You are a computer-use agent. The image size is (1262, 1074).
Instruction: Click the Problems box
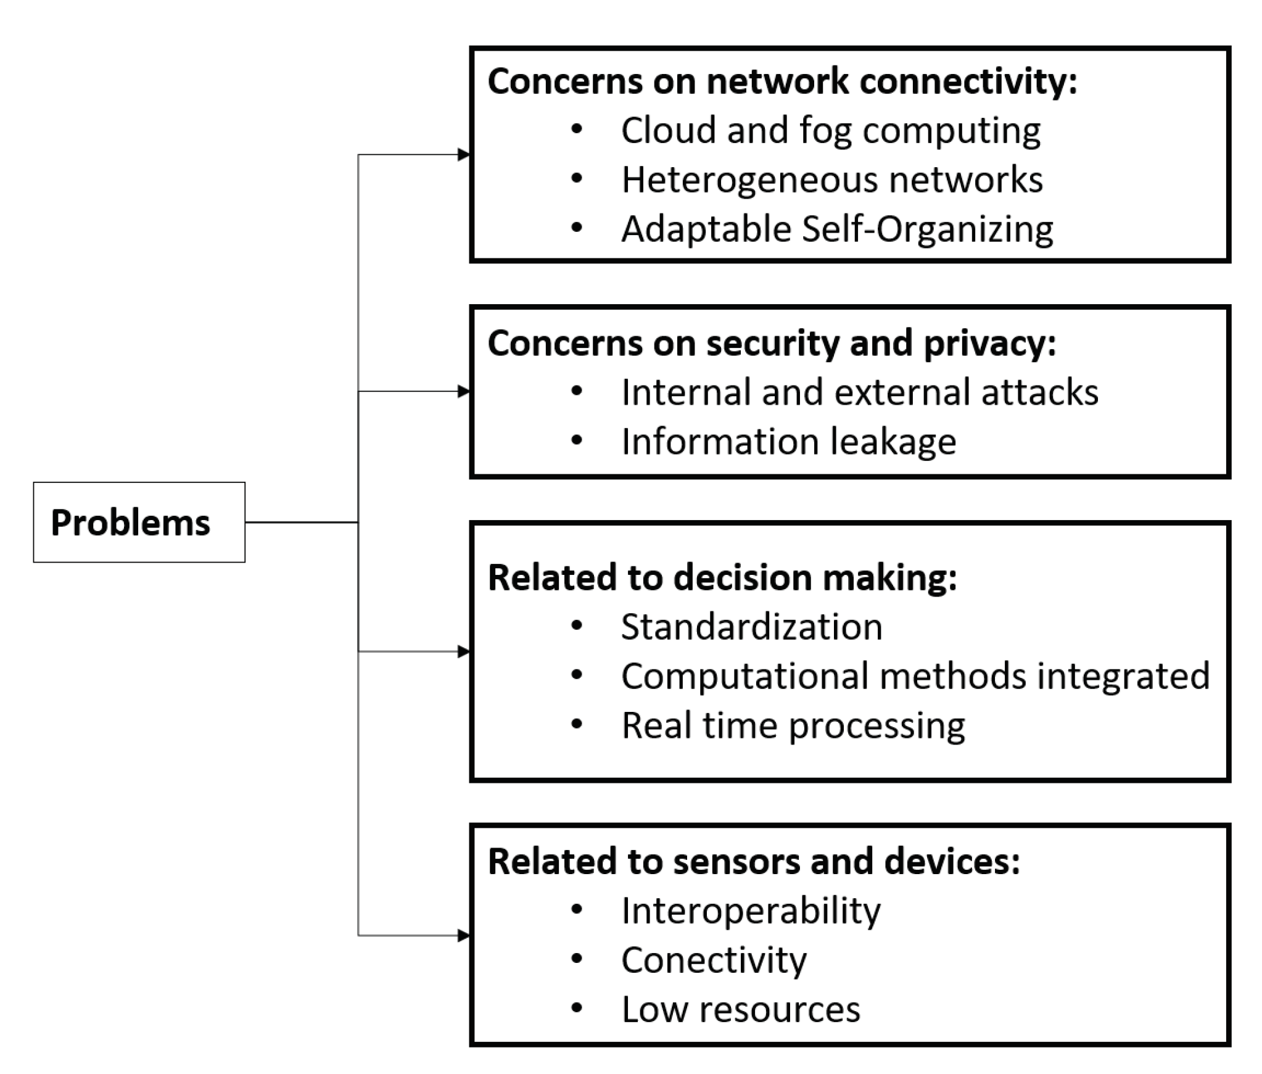pos(139,522)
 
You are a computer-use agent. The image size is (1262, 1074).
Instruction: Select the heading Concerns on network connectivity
pos(782,81)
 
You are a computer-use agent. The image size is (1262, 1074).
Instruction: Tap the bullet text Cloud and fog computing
pos(830,131)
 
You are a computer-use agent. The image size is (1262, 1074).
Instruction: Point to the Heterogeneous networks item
pos(831,180)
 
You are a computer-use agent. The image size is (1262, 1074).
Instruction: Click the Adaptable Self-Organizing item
pos(837,229)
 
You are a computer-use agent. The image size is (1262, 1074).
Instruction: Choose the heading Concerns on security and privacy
pos(771,343)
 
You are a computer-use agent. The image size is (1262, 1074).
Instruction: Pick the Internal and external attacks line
pos(859,392)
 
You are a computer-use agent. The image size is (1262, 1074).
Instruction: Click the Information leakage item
pos(788,442)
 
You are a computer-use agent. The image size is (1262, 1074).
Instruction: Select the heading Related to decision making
pos(722,577)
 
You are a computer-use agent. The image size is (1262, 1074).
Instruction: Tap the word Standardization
pos(751,627)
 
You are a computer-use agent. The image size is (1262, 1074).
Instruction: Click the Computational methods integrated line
pos(915,676)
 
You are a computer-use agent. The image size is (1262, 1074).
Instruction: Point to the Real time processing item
pos(793,725)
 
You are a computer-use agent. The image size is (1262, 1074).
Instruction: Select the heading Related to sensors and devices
pos(753,861)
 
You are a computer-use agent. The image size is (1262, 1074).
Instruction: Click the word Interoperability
pos(751,911)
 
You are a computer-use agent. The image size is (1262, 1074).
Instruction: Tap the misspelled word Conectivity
pos(714,960)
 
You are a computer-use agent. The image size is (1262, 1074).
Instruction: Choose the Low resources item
pos(740,1009)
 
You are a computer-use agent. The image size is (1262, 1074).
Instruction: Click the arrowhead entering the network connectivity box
pos(464,155)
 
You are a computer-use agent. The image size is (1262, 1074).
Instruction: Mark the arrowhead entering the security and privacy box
pos(464,391)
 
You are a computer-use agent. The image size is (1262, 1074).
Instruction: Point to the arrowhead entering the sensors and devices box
pos(464,935)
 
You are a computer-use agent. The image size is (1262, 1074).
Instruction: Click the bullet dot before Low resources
pos(577,1009)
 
